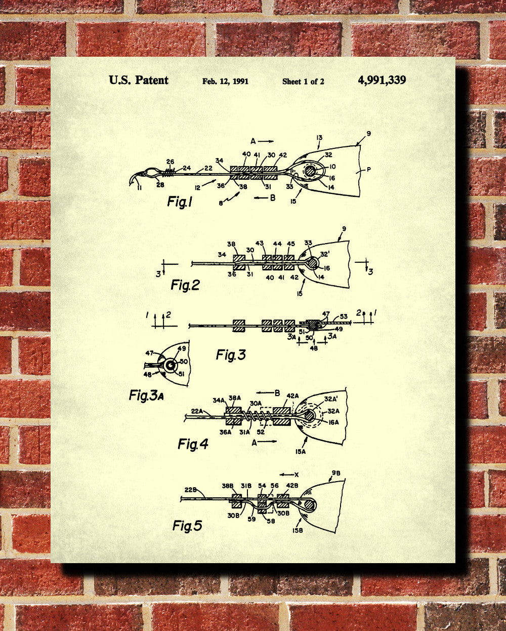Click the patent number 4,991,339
(x=382, y=80)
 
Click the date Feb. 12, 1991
(x=225, y=81)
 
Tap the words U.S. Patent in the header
(x=139, y=80)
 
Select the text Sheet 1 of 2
(x=303, y=81)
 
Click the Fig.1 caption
(x=180, y=202)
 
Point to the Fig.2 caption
(x=185, y=285)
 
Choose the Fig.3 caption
(x=230, y=355)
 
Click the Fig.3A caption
(x=146, y=396)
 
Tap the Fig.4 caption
(x=193, y=444)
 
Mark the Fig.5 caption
(x=187, y=526)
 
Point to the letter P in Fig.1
(x=368, y=170)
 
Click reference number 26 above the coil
(x=171, y=162)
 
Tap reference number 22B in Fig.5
(x=191, y=490)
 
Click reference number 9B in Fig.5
(x=336, y=474)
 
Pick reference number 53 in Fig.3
(x=344, y=317)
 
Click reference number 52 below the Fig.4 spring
(x=261, y=432)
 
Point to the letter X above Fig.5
(x=297, y=475)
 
